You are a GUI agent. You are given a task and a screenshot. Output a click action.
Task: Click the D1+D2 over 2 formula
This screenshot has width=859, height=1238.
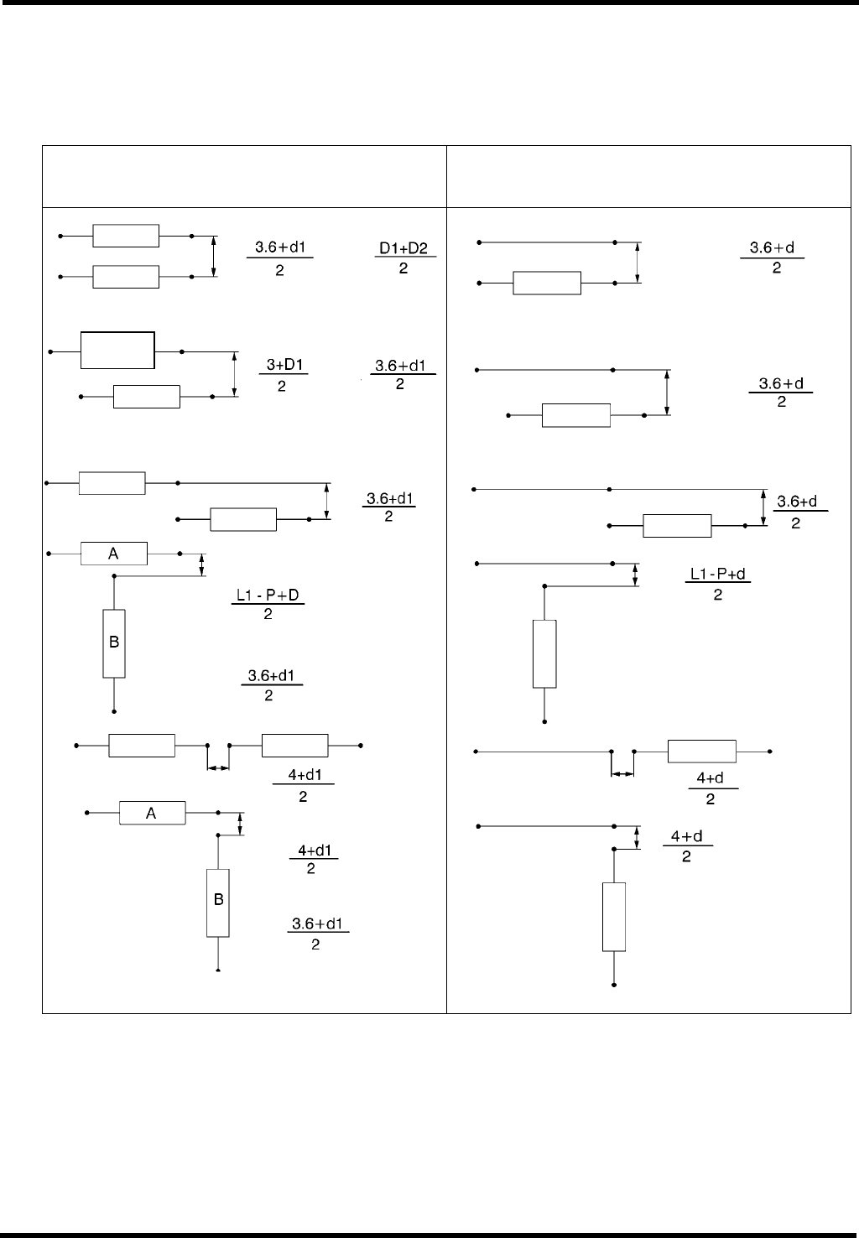(404, 258)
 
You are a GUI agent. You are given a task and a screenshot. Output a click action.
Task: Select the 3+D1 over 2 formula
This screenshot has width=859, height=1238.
(284, 376)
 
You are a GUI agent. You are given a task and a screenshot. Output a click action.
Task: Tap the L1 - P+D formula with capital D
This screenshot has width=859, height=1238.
(268, 605)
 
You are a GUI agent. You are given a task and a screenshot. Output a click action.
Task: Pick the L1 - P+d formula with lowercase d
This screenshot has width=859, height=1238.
(718, 584)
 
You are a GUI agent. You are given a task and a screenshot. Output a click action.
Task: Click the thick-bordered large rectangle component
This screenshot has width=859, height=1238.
(117, 350)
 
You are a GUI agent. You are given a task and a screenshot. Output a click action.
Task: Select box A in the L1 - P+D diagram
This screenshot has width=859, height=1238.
(113, 554)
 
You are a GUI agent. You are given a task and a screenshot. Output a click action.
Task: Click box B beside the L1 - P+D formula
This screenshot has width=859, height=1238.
(114, 643)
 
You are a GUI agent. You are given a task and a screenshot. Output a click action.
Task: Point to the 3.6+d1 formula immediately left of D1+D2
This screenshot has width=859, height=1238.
(279, 258)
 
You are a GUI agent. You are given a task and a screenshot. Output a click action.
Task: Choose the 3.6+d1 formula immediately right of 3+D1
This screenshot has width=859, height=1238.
(402, 376)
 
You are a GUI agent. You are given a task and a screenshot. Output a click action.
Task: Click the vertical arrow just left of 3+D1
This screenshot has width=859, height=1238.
(235, 373)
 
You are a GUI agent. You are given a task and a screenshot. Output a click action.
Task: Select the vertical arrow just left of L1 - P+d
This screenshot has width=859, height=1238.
(635, 575)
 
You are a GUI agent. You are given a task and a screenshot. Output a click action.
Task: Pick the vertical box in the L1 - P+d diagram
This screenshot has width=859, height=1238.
(544, 653)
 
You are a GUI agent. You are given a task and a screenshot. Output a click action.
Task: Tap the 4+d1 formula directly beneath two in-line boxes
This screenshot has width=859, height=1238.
(303, 786)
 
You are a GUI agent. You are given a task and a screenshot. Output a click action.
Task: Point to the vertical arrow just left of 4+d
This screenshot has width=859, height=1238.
(637, 838)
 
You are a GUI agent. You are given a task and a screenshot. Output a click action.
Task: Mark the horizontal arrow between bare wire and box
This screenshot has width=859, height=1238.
(622, 774)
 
